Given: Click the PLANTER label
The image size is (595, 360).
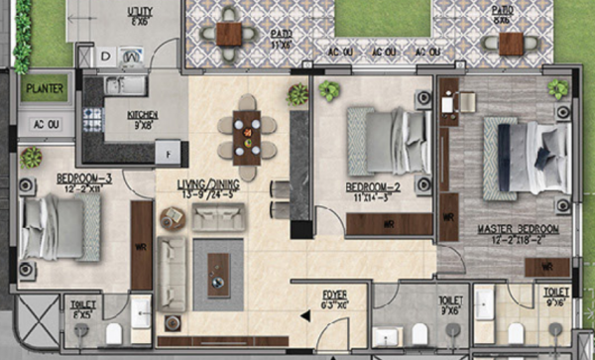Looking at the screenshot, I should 46,88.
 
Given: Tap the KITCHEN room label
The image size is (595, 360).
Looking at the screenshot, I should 143,115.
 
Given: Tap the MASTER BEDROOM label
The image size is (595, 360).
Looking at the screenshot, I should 518,229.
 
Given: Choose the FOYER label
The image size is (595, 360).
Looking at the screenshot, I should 333,295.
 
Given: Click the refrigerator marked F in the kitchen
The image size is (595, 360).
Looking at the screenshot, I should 170,152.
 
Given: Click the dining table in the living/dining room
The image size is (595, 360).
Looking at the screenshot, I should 247,133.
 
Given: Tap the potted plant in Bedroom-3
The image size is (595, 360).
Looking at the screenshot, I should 32,157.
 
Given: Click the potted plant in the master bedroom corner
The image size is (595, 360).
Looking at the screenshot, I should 557,89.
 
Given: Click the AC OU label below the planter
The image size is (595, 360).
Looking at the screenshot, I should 46,125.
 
